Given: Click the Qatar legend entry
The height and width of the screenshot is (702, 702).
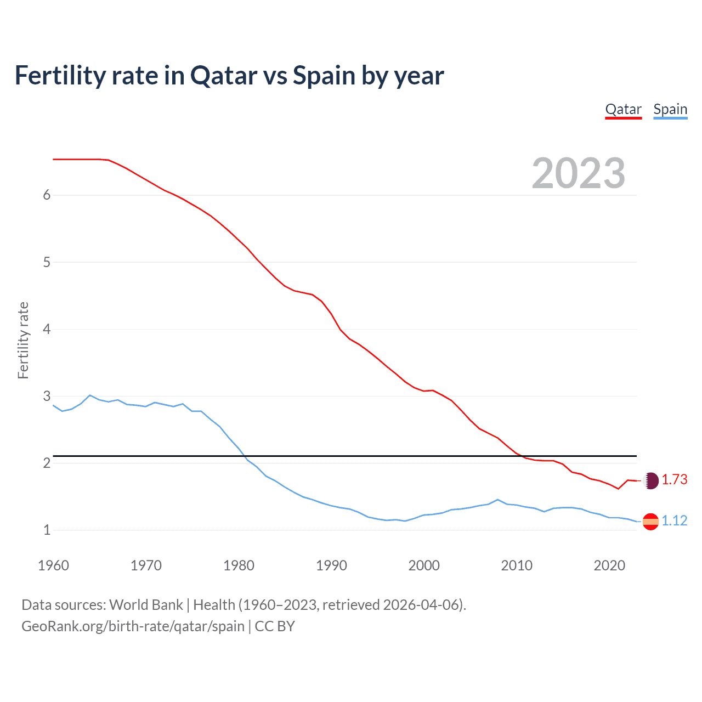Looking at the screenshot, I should click(623, 109).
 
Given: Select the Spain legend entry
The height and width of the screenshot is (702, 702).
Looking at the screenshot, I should click(670, 109).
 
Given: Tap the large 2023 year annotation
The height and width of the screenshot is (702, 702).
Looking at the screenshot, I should click(578, 173).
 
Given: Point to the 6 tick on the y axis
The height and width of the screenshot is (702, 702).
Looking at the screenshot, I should click(47, 195).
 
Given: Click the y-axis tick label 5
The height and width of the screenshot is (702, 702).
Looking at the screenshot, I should click(47, 262).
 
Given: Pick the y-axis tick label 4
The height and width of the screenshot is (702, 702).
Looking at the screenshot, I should click(47, 329).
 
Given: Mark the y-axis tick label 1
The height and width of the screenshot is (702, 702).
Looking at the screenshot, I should click(47, 530).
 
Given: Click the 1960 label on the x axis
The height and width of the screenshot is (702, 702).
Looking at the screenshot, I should click(53, 565).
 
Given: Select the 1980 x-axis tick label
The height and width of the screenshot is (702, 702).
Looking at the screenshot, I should click(239, 565).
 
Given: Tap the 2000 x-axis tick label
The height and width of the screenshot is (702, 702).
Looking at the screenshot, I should click(424, 565).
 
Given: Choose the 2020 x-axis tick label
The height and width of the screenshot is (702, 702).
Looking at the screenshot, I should click(609, 565).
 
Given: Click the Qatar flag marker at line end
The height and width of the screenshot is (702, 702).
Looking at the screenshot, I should click(650, 481).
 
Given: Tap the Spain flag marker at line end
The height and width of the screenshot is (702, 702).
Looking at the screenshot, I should click(650, 522).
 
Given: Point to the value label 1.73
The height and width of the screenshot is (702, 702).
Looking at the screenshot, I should click(674, 480).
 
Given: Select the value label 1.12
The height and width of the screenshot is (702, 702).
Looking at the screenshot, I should click(674, 520).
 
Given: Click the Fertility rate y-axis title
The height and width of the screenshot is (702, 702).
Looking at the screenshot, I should click(23, 340).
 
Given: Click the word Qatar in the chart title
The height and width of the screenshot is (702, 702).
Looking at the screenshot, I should click(223, 76).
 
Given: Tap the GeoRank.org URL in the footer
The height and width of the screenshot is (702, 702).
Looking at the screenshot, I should click(133, 626).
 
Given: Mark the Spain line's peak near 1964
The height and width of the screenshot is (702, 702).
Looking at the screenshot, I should click(90, 395).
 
